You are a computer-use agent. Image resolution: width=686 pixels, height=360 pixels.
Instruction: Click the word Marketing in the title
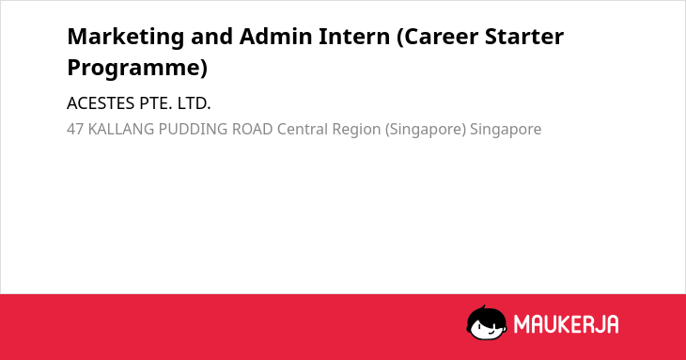click(x=126, y=38)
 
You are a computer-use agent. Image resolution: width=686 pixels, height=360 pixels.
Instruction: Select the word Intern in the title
click(x=354, y=37)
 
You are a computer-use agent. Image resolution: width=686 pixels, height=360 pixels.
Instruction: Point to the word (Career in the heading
click(x=437, y=38)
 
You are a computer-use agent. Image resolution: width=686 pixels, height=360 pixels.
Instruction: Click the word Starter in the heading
click(x=524, y=37)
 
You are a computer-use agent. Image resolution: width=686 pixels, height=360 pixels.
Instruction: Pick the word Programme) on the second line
click(x=137, y=69)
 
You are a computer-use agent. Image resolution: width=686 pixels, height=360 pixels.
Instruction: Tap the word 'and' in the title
click(x=211, y=37)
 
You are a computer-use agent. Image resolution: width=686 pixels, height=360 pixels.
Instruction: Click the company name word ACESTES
click(x=101, y=103)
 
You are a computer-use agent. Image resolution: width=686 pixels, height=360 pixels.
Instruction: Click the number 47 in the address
click(x=75, y=130)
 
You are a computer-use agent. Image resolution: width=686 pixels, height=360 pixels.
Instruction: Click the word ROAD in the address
click(x=253, y=130)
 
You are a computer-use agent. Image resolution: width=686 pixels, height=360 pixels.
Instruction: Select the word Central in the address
click(x=303, y=130)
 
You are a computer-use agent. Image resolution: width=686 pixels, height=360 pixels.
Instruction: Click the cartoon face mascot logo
click(x=487, y=323)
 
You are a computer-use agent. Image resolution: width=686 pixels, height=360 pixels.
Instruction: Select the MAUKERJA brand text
click(x=566, y=324)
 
